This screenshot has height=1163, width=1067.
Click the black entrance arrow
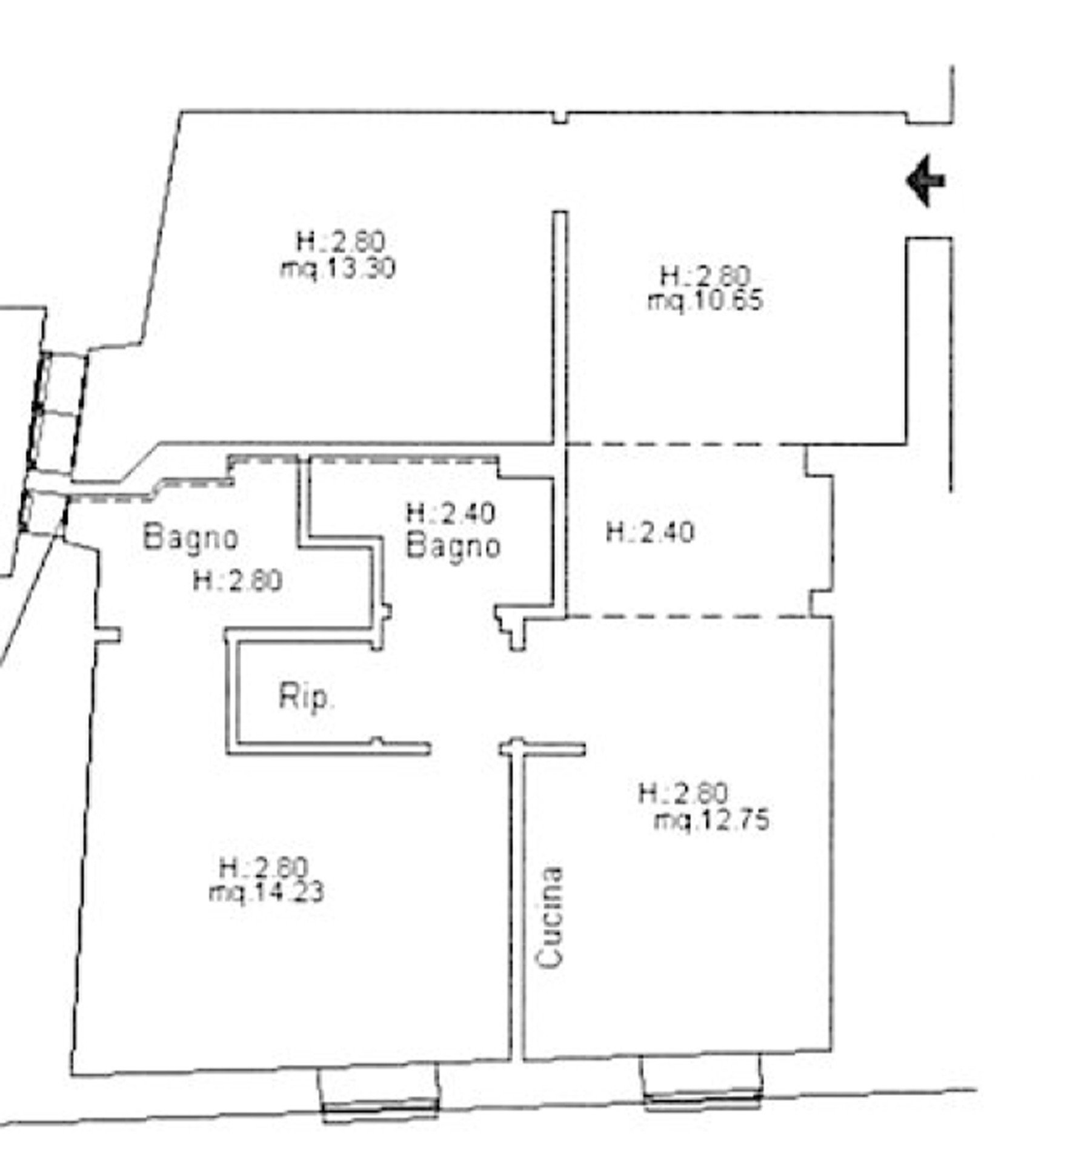[x=925, y=181]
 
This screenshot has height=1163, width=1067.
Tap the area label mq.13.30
[x=337, y=268]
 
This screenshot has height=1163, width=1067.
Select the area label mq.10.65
[x=705, y=301]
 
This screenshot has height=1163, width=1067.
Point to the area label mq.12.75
[x=712, y=821]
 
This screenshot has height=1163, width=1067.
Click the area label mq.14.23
[x=266, y=892]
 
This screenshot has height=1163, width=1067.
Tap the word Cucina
[x=550, y=917]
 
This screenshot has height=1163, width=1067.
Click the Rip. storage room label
[x=306, y=697]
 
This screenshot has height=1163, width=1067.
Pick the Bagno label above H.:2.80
[x=191, y=537]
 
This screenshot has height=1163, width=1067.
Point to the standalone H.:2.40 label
[x=650, y=533]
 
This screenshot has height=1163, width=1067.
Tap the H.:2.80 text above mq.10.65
[x=705, y=276]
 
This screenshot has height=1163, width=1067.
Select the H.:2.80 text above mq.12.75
[x=683, y=793]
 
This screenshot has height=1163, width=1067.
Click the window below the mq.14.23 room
[x=380, y=1090]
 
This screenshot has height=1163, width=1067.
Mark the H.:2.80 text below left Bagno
[x=238, y=581]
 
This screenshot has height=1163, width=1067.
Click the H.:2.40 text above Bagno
[x=451, y=514]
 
